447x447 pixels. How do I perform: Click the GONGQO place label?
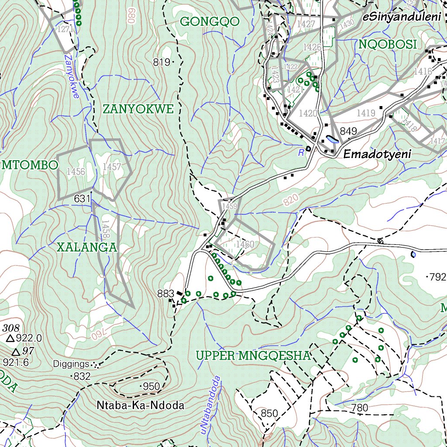pos(210,21)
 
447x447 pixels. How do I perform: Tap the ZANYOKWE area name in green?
pos(138,109)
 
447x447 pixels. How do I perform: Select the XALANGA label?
pos(87,248)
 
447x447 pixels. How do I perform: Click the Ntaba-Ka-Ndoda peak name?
pos(140,406)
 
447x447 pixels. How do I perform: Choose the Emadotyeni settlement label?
pos(377,154)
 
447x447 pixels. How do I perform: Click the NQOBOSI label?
pos(388,44)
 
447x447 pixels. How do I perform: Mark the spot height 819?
pos(162,62)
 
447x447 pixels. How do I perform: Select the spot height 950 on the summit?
pos(151,386)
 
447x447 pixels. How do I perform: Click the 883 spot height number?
pos(165,294)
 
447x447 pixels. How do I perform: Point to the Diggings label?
pos(72,364)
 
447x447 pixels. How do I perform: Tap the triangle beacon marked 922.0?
pos(10,338)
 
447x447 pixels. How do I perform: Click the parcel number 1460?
pos(244,244)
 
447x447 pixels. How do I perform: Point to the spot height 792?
pos(437,277)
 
